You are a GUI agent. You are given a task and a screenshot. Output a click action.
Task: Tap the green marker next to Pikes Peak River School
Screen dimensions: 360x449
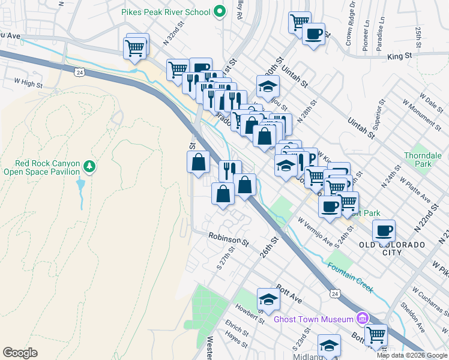click(220, 11)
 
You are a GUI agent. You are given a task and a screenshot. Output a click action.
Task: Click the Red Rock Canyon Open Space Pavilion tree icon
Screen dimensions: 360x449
click(89, 165)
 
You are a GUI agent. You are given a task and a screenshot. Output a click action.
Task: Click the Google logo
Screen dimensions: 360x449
click(20, 353)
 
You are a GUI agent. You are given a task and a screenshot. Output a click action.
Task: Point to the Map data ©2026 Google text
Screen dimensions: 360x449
click(412, 355)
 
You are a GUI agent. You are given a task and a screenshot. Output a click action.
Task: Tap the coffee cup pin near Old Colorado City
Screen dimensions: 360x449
click(384, 231)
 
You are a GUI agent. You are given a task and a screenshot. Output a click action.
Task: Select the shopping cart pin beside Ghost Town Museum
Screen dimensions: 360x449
click(376, 334)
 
